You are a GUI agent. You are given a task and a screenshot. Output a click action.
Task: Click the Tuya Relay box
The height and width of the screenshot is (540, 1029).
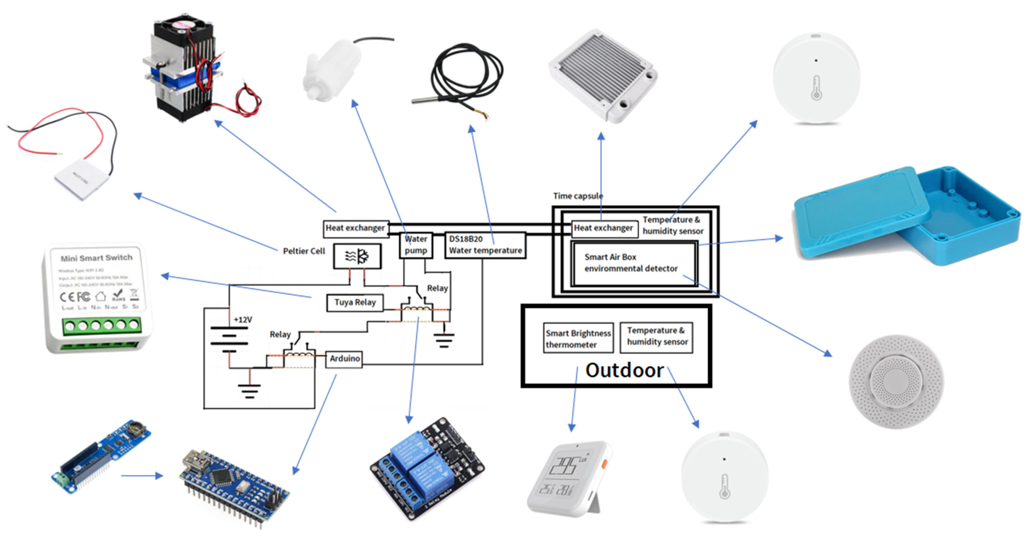[355, 303]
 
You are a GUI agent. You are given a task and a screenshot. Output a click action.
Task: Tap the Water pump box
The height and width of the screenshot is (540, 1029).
[416, 245]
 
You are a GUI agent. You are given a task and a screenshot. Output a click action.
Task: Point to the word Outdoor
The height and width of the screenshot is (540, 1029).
[624, 370]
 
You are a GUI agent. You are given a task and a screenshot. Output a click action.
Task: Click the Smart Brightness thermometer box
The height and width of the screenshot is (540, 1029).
[578, 339]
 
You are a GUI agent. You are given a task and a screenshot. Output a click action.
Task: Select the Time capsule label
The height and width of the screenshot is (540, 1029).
[578, 196]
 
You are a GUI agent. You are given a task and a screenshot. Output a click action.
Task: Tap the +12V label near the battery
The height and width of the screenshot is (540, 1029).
[243, 320]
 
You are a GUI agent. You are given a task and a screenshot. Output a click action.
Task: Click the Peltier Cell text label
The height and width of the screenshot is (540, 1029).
[304, 251]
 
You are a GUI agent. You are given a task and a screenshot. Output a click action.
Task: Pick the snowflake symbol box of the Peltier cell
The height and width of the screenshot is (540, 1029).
[357, 256]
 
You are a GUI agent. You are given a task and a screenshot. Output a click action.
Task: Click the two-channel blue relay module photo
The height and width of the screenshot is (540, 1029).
[427, 469]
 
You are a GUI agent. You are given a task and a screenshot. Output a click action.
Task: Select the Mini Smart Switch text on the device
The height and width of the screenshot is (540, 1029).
[96, 258]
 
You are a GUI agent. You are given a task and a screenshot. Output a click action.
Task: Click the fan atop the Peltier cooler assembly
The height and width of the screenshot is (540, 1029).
[182, 26]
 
